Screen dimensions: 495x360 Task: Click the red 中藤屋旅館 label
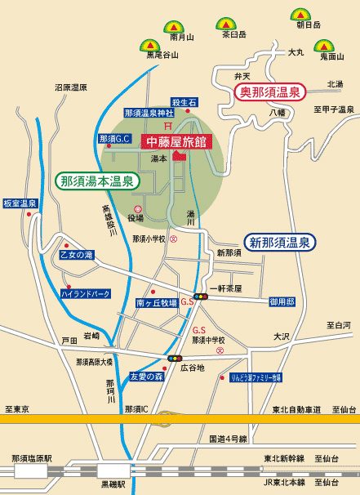coord(177,141)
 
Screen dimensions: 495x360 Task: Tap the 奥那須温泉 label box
coord(269,91)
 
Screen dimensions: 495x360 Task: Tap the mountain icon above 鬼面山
coord(326,47)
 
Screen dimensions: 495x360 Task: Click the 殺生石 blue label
coord(184,101)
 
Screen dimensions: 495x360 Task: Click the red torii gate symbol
coord(167,126)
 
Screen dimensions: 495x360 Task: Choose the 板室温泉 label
coord(20,203)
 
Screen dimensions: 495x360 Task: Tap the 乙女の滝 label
coord(78,255)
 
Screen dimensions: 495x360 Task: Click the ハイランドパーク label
coord(85,292)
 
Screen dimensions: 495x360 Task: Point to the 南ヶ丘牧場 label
coord(156,303)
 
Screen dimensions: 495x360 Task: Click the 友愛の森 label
coord(147,377)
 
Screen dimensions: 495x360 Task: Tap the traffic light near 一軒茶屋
coord(200,296)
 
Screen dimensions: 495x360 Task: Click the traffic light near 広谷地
coord(174,358)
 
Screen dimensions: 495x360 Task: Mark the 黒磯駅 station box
coord(113,470)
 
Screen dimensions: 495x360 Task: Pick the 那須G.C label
coord(114,139)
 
